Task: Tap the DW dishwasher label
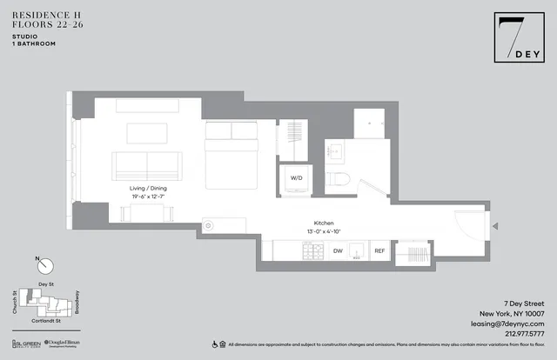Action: click(x=338, y=251)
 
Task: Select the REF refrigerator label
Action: click(x=379, y=251)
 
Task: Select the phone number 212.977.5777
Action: click(x=520, y=332)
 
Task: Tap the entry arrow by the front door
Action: click(x=494, y=227)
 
